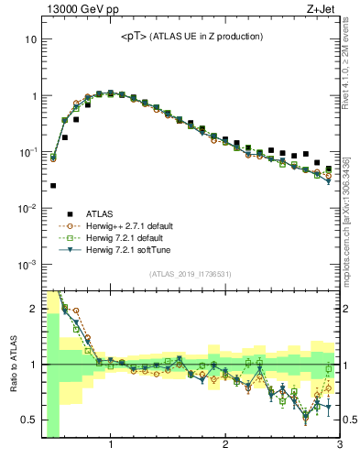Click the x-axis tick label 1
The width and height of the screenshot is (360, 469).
pyautogui.click(x=111, y=445)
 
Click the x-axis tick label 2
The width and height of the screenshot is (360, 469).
pyautogui.click(x=225, y=445)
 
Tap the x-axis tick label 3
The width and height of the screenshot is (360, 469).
pyautogui.click(x=339, y=445)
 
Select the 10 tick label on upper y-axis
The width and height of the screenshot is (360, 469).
pyautogui.click(x=31, y=39)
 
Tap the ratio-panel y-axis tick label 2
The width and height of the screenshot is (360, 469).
pyautogui.click(x=33, y=309)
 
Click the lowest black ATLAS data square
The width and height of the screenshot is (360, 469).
pyautogui.click(x=53, y=186)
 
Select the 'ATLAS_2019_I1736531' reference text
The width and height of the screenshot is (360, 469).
pyautogui.click(x=191, y=275)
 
